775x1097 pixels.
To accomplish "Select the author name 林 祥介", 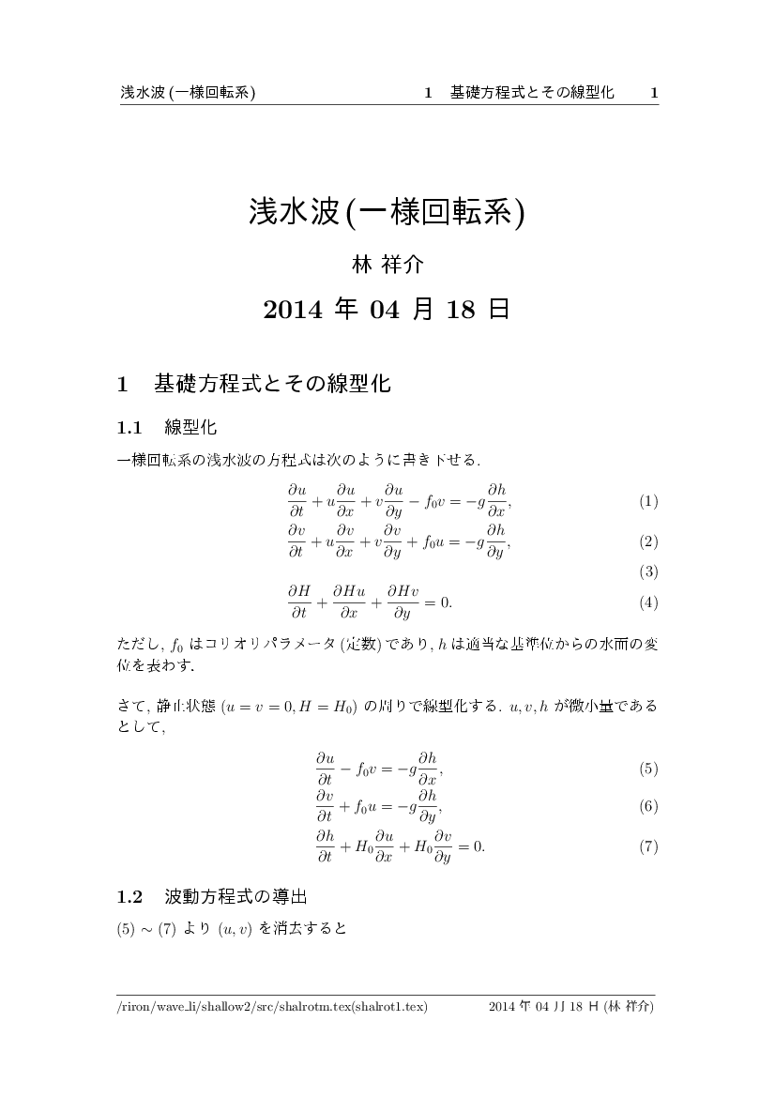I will coord(387,266).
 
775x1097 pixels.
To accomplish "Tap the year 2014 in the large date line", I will coord(293,310).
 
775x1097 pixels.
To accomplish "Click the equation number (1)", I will coord(648,502).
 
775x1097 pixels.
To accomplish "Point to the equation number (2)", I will coord(648,541).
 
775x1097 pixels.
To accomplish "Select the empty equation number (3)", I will coord(648,571).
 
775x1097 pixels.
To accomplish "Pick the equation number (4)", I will coord(648,603).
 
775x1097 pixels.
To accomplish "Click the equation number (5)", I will coord(648,769).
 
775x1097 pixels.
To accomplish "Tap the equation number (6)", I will coord(648,807).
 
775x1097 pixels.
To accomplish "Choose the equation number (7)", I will coord(648,847).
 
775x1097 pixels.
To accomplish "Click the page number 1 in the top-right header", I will coord(654,93).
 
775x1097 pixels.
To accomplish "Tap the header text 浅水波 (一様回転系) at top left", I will coord(189,93).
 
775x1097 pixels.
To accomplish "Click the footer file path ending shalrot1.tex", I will coord(272,1007).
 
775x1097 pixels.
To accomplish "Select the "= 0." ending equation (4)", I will coord(435,602).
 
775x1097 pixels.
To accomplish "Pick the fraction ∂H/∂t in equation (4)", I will coord(298,602).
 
